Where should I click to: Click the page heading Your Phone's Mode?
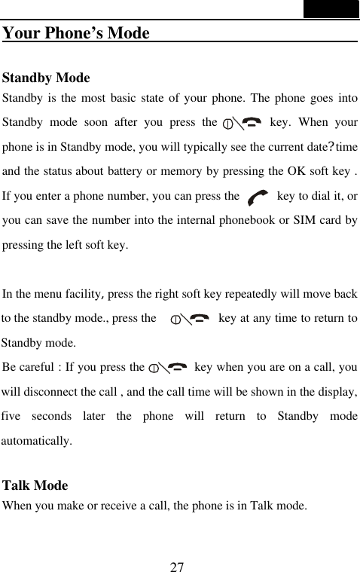pyautogui.click(x=75, y=34)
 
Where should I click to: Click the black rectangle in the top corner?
pyautogui.click(x=331, y=9)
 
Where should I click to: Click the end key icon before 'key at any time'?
pyautogui.click(x=191, y=320)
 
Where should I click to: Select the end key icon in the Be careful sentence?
pyautogui.click(x=169, y=368)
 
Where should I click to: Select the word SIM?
pyautogui.click(x=297, y=221)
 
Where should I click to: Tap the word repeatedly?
pyautogui.click(x=260, y=295)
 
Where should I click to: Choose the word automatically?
pyautogui.click(x=37, y=441)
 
